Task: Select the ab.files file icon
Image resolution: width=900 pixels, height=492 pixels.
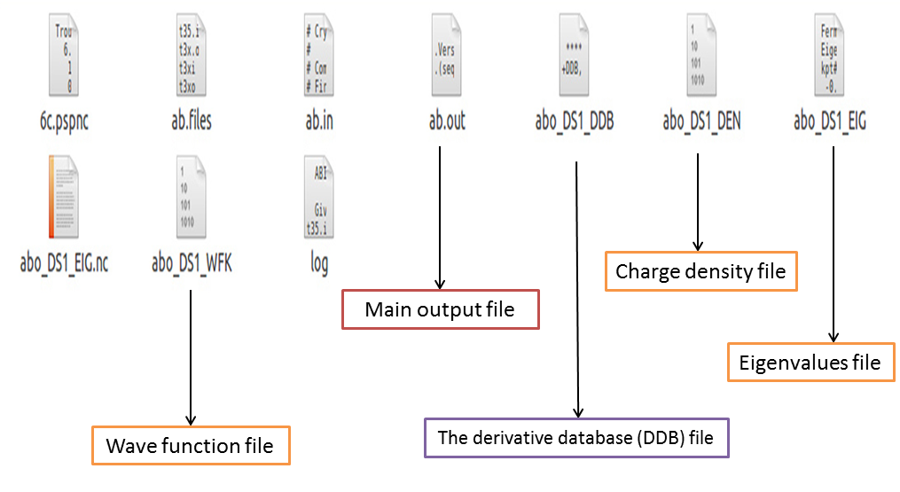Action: click(191, 59)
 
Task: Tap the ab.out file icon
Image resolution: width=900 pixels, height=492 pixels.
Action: click(447, 59)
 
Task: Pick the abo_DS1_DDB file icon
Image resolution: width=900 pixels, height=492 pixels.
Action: click(575, 59)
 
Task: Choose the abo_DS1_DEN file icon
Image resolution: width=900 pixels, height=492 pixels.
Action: click(700, 59)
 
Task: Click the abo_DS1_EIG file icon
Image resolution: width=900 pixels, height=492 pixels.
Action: click(829, 59)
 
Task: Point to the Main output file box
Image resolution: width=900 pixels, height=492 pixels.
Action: click(441, 310)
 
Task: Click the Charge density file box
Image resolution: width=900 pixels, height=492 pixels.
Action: click(700, 271)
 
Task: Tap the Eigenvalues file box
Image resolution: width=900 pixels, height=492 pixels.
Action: click(810, 362)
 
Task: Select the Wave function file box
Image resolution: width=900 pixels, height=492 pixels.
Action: click(191, 445)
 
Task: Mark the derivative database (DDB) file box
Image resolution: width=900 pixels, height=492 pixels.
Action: click(576, 438)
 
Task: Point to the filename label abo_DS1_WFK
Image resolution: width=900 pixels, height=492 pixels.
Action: click(191, 263)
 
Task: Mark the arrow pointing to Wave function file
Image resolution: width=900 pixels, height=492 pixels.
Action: click(191, 355)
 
